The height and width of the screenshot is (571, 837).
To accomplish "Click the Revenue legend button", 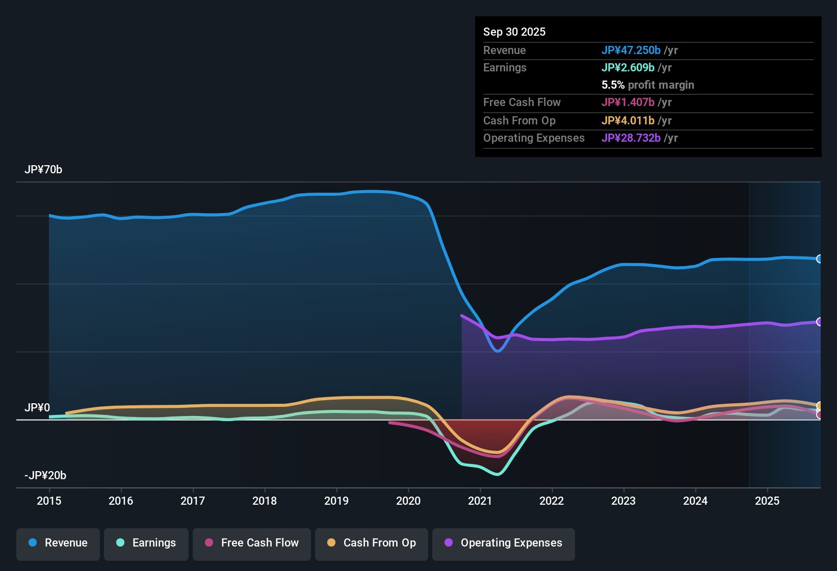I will (x=58, y=543).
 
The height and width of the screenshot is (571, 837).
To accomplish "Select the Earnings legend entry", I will (x=146, y=543).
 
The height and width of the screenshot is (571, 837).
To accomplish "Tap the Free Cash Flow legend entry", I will (x=252, y=543).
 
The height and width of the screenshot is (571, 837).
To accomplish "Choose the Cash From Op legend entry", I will (x=372, y=543).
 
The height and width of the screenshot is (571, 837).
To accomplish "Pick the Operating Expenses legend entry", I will (x=504, y=543).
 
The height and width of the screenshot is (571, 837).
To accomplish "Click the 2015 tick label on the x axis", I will (x=49, y=501).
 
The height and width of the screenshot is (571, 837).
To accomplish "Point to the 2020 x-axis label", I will (x=408, y=501).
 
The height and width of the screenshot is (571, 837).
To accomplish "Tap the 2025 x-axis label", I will (x=767, y=501).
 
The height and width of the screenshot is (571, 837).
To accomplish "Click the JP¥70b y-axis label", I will (x=43, y=170).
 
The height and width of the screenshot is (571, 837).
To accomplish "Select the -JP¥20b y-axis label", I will (x=45, y=476).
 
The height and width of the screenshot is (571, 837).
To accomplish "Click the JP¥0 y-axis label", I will (x=37, y=408).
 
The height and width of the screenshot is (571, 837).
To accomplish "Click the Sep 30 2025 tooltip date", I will (x=514, y=32).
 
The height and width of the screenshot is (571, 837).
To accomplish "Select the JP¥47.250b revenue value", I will (x=631, y=50).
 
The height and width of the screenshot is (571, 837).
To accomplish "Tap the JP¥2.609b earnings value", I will (x=627, y=67).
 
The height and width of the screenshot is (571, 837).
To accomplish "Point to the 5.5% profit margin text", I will (x=647, y=85).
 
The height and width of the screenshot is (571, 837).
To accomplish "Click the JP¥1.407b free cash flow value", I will (x=627, y=102).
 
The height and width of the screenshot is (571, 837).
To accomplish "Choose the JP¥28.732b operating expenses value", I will (x=631, y=138).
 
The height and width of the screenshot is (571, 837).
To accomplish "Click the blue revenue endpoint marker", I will (x=819, y=259).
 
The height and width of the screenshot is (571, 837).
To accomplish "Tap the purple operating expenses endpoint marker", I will (x=819, y=322).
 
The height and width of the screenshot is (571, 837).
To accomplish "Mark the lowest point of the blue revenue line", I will (x=498, y=351).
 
